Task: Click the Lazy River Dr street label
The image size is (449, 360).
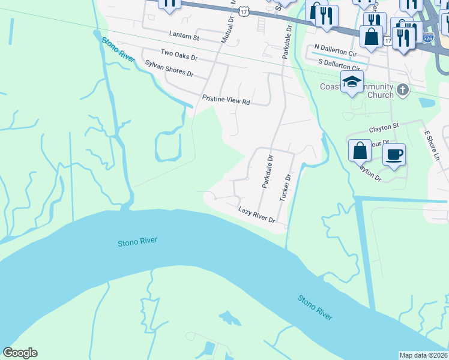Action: click(x=256, y=215)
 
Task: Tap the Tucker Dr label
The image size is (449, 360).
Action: click(x=288, y=187)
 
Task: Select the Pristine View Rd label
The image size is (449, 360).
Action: click(x=226, y=100)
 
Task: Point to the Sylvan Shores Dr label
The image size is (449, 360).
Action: click(x=169, y=68)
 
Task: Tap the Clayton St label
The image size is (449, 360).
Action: click(x=384, y=127)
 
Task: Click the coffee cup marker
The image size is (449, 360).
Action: click(x=394, y=155)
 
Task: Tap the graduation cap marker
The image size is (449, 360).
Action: click(x=352, y=82)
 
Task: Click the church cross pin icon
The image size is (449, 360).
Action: click(x=402, y=90)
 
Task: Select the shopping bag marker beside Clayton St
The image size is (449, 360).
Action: click(x=360, y=150)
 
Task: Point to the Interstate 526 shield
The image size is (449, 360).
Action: click(x=427, y=38)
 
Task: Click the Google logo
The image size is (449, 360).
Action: click(x=20, y=353)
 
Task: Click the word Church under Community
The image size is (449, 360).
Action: click(x=380, y=95)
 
